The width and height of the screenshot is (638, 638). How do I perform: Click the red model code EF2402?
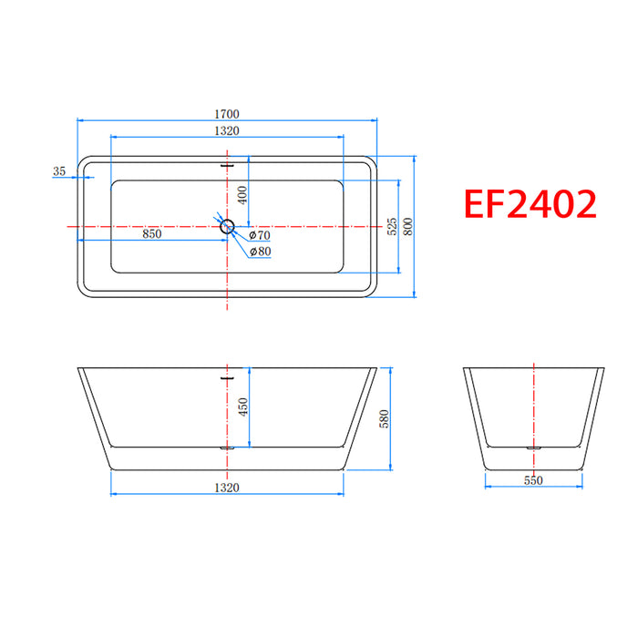pyautogui.click(x=531, y=203)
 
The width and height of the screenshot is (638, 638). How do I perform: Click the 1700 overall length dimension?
pyautogui.click(x=227, y=114)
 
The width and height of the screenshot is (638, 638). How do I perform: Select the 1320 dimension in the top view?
pyautogui.click(x=227, y=131)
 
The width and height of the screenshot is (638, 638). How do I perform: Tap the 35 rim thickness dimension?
pyautogui.click(x=60, y=171)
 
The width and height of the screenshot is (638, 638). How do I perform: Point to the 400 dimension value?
pyautogui.click(x=242, y=194)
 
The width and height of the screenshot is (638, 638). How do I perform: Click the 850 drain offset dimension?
pyautogui.click(x=151, y=234)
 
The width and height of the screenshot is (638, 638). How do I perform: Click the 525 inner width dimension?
pyautogui.click(x=391, y=226)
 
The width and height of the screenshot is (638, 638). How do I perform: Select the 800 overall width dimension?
pyautogui.click(x=408, y=226)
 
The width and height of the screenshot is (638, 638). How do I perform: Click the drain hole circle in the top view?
pyautogui.click(x=227, y=226)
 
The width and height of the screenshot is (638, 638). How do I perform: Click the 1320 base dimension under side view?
pyautogui.click(x=227, y=488)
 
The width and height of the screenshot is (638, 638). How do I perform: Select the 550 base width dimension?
pyautogui.click(x=533, y=478)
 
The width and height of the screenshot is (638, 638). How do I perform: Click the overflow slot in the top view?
pyautogui.click(x=227, y=166)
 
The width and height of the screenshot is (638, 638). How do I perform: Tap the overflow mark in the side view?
pyautogui.click(x=227, y=372)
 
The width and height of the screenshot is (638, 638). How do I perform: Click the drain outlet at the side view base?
pyautogui.click(x=227, y=448)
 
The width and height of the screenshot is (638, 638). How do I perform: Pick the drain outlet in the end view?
pyautogui.click(x=533, y=448)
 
